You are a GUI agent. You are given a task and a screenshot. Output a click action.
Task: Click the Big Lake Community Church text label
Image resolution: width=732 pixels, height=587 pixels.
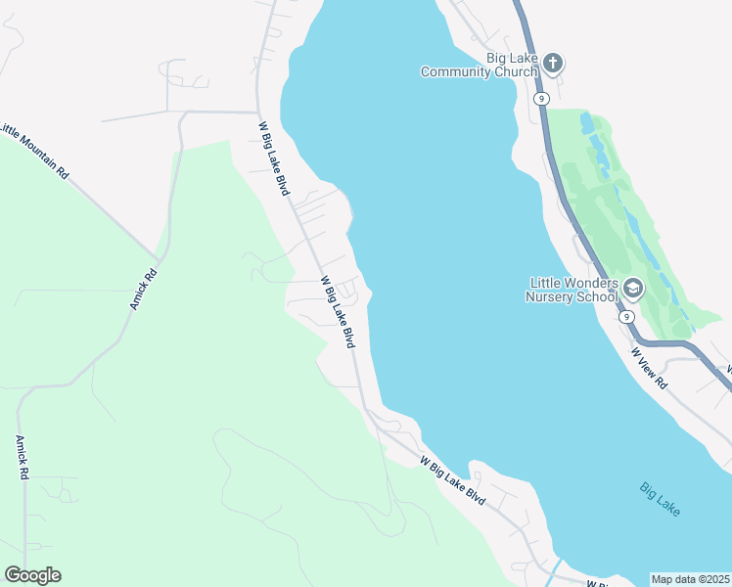tap(480, 65)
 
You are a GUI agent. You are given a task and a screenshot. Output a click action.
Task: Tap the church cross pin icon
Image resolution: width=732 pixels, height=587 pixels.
tap(552, 65)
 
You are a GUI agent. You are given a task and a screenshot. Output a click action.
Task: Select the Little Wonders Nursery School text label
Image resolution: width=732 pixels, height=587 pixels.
tap(572, 290)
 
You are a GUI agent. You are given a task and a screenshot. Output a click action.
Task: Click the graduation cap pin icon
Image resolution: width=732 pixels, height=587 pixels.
tap(632, 289)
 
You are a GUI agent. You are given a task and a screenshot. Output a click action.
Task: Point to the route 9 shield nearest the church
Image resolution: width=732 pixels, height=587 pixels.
tap(540, 99)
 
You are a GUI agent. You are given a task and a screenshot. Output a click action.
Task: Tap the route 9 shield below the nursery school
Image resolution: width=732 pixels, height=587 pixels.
tap(624, 317)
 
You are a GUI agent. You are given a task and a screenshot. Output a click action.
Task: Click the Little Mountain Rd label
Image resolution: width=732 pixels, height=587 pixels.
tap(35, 151)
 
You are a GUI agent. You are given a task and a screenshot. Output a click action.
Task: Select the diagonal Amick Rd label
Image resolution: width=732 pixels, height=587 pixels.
tap(143, 291)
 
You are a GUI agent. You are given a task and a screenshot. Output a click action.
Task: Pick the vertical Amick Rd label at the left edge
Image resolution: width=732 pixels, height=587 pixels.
tap(22, 457)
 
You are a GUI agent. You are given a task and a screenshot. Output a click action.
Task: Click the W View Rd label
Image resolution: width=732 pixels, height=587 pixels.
tap(649, 368)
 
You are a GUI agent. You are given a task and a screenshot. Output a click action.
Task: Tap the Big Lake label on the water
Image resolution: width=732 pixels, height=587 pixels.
tap(661, 499)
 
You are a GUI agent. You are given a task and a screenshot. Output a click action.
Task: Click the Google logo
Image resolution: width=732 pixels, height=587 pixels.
tap(32, 575)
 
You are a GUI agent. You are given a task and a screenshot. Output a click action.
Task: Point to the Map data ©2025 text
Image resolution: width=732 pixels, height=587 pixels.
tap(691, 579)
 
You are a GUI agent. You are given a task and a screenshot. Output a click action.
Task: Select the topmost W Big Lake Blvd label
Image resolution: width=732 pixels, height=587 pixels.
tap(274, 158)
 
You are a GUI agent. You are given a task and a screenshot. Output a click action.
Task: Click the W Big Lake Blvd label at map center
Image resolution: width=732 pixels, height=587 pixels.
tap(337, 311)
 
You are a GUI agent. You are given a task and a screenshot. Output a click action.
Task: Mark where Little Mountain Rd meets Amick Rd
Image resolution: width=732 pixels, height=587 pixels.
tap(157, 256)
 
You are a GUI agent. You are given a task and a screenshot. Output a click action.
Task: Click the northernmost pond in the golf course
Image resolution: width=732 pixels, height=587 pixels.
tap(587, 124)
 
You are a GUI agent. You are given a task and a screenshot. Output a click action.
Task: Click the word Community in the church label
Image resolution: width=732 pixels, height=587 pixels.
tap(480, 71)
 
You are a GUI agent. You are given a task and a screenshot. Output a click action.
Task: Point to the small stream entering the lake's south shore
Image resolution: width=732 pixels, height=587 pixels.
tap(556, 567)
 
